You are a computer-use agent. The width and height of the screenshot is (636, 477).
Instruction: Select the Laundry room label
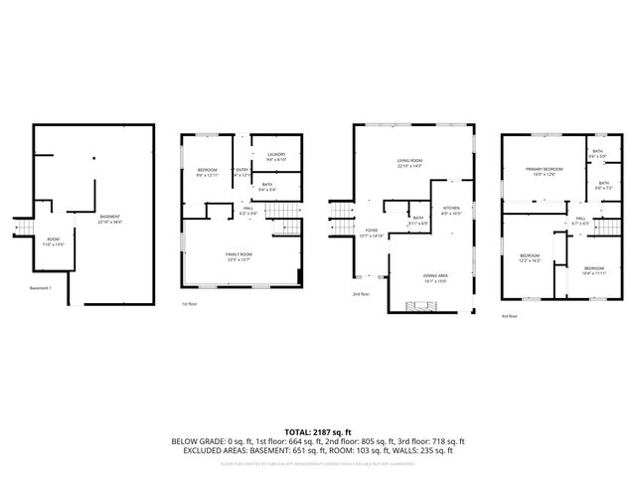[x=276, y=155]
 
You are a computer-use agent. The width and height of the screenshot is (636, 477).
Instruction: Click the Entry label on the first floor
[x=241, y=171]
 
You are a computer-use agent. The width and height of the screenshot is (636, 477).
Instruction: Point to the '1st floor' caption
[x=189, y=304]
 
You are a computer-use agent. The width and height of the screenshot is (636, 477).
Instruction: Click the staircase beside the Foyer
[x=341, y=213]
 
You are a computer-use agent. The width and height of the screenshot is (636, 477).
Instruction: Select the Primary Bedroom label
[x=544, y=170]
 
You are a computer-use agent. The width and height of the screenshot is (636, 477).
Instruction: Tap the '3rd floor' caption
[x=509, y=316]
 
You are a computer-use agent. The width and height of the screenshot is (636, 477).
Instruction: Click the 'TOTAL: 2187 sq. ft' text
[x=318, y=432]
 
